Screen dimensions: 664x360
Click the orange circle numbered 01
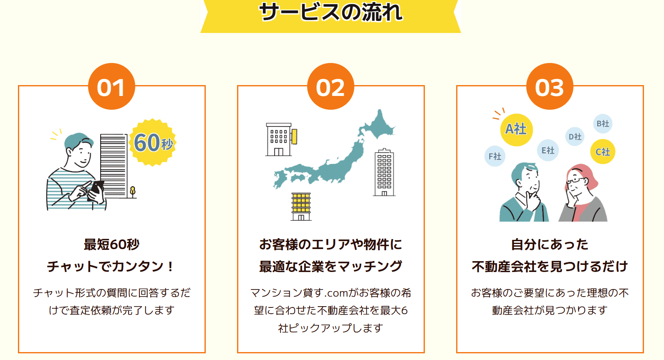click(111, 86)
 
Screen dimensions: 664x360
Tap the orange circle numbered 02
click(331, 86)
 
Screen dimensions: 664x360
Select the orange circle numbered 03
click(550, 86)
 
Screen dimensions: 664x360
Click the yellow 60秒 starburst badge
click(153, 143)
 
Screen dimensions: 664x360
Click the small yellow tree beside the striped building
click(133, 192)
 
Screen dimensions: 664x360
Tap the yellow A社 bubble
click(516, 129)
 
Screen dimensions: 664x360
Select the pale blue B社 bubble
click(603, 123)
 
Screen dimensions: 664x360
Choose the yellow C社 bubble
click(603, 152)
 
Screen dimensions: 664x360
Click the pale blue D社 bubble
click(575, 136)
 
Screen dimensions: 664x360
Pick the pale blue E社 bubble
click(548, 150)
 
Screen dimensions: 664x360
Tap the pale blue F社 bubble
click(495, 156)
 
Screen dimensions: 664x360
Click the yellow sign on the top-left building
click(294, 136)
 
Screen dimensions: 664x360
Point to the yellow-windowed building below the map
click(301, 206)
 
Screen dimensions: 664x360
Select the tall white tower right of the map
click(384, 172)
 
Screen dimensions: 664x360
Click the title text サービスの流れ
click(331, 12)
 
